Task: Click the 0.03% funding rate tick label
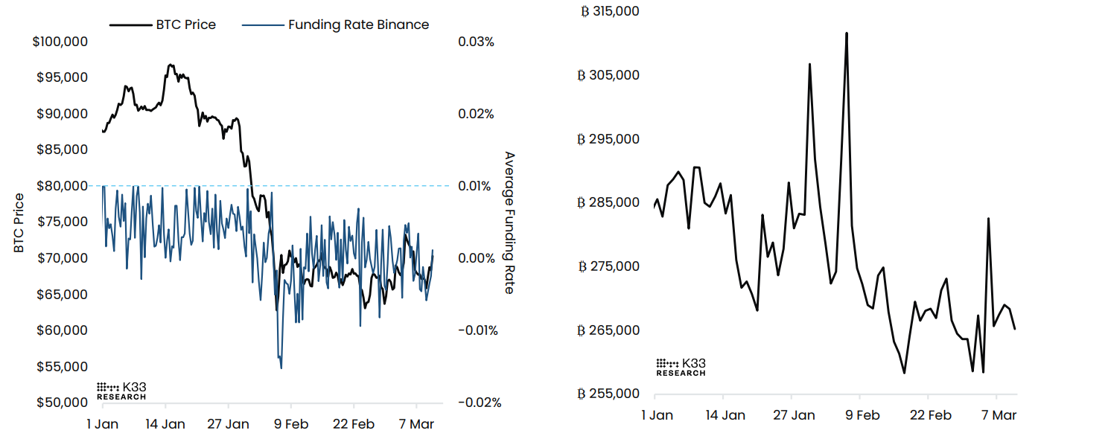pyautogui.click(x=476, y=42)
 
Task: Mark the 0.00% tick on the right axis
pyautogui.click(x=476, y=258)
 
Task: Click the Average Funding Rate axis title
pyautogui.click(x=509, y=222)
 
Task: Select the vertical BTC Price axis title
pyautogui.click(x=19, y=222)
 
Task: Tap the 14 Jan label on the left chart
pyautogui.click(x=165, y=424)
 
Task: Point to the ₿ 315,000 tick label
pyautogui.click(x=608, y=11)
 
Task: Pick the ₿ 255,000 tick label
pyautogui.click(x=608, y=394)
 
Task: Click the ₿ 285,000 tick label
pyautogui.click(x=608, y=202)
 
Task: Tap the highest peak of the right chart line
pyautogui.click(x=847, y=33)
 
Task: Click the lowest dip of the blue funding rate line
pyautogui.click(x=281, y=368)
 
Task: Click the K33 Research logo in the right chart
pyautogui.click(x=681, y=367)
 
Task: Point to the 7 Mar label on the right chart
pyautogui.click(x=999, y=415)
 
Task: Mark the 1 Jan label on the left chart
pyautogui.click(x=102, y=424)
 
